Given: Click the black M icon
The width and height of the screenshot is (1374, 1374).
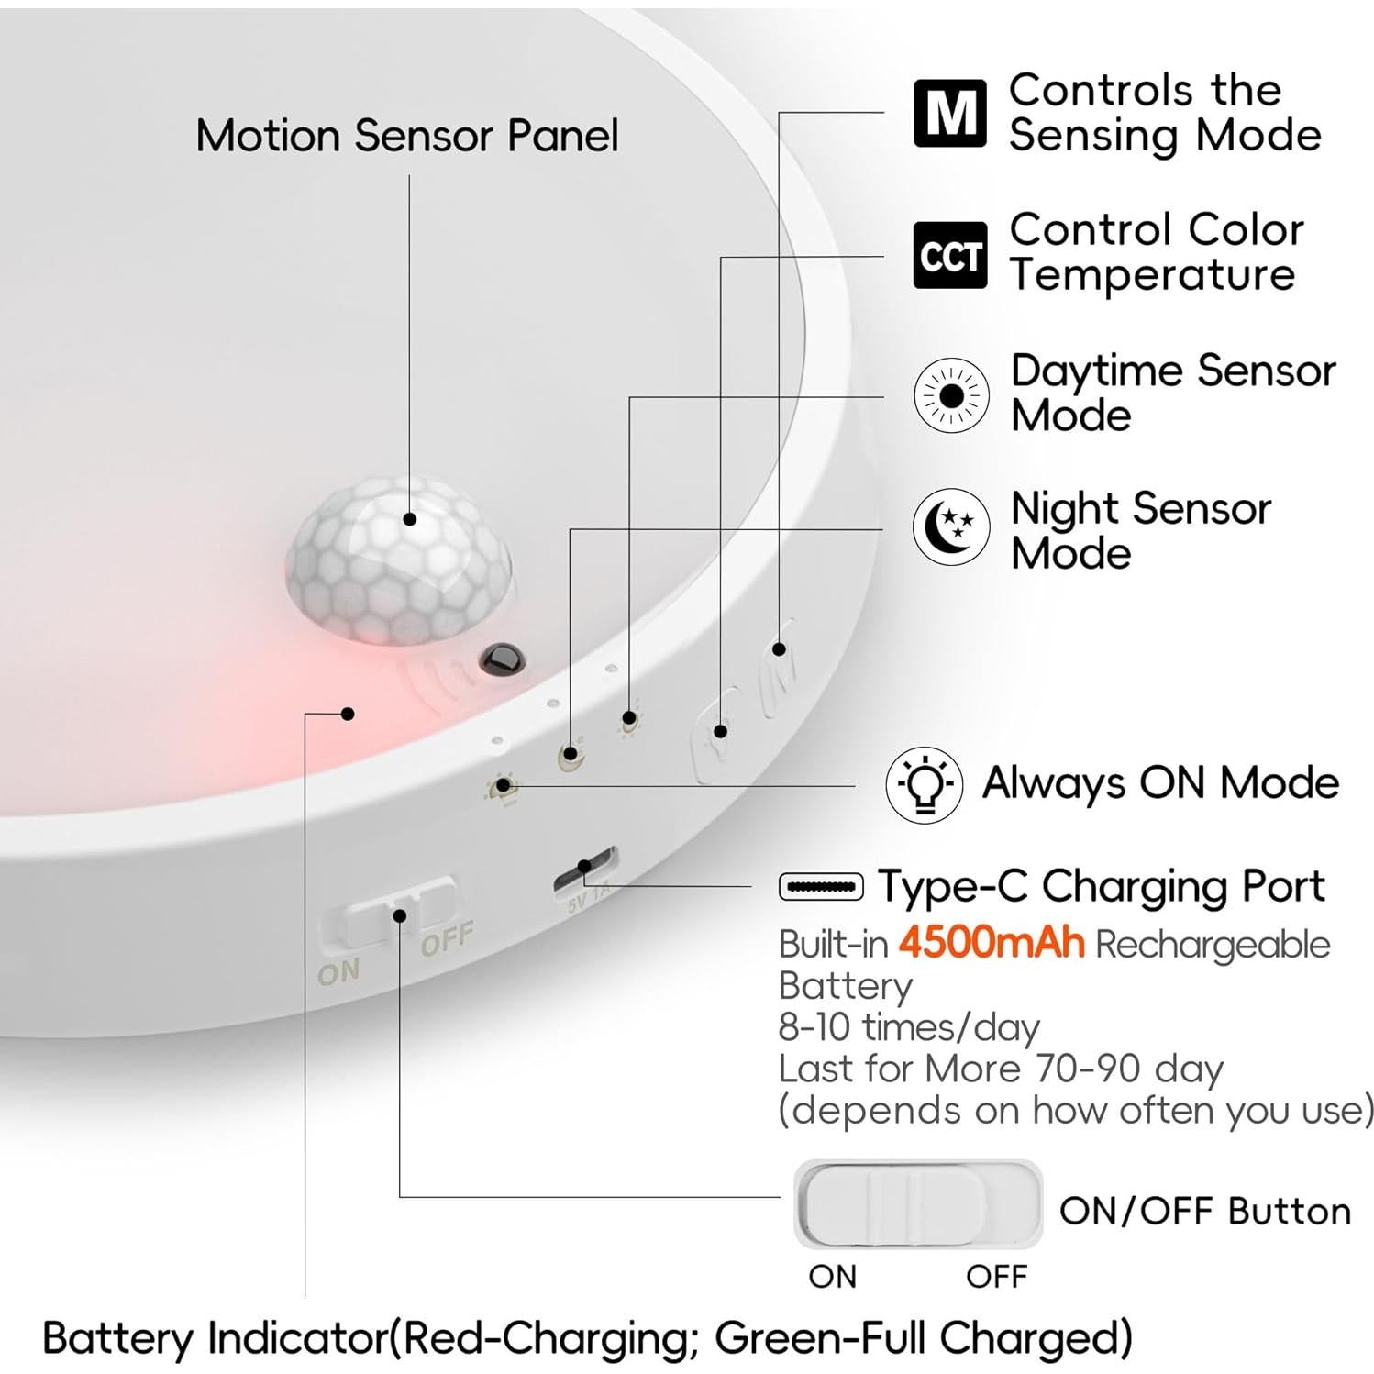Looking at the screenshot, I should point(949,113).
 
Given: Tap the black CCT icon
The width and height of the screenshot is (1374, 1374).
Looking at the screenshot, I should point(949,255).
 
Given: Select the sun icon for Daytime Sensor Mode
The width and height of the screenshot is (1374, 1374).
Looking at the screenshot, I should point(951,395).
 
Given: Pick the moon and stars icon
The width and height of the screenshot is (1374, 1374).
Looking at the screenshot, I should point(951,527).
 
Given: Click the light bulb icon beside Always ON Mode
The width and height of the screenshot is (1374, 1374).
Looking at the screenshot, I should point(924,784).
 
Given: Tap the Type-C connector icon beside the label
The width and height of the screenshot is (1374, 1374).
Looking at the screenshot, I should point(820,887).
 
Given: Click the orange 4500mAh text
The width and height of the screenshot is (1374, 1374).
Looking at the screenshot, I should point(991,943).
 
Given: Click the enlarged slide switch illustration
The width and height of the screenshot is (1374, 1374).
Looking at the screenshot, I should point(916,1204).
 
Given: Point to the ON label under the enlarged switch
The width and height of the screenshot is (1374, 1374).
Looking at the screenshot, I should point(832,1276).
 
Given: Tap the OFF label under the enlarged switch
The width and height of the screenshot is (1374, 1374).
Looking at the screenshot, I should point(996,1276).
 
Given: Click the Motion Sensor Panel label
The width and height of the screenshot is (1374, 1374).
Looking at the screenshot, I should point(406,136).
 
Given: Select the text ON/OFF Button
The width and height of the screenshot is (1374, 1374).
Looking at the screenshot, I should point(1204,1211).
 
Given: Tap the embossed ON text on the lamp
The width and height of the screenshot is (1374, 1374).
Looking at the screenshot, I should point(338,971).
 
